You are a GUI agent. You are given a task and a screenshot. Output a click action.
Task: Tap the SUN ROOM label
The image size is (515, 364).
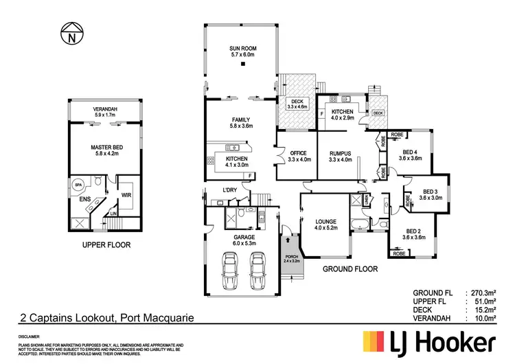[242, 48]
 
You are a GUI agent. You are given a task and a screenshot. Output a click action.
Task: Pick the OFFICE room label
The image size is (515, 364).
[297, 153]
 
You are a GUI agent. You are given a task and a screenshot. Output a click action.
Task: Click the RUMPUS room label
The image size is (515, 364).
[340, 153]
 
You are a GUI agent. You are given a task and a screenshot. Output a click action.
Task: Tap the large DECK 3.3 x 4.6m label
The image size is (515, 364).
[297, 104]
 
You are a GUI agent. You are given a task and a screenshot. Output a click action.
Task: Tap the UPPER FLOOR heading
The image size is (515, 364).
[106, 244]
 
